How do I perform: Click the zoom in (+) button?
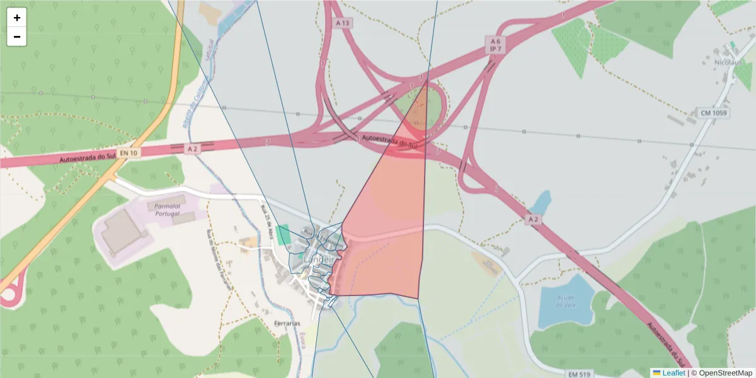(17, 18)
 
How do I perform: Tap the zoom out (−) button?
(17, 37)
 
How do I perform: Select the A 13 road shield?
(343, 23)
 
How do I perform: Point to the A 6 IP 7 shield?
(495, 45)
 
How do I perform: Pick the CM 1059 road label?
(713, 113)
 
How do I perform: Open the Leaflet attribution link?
(673, 373)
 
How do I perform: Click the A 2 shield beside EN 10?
(192, 149)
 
